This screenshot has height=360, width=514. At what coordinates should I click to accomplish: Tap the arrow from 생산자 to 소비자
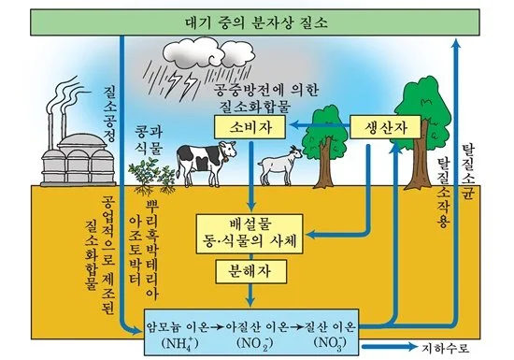(317, 124)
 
